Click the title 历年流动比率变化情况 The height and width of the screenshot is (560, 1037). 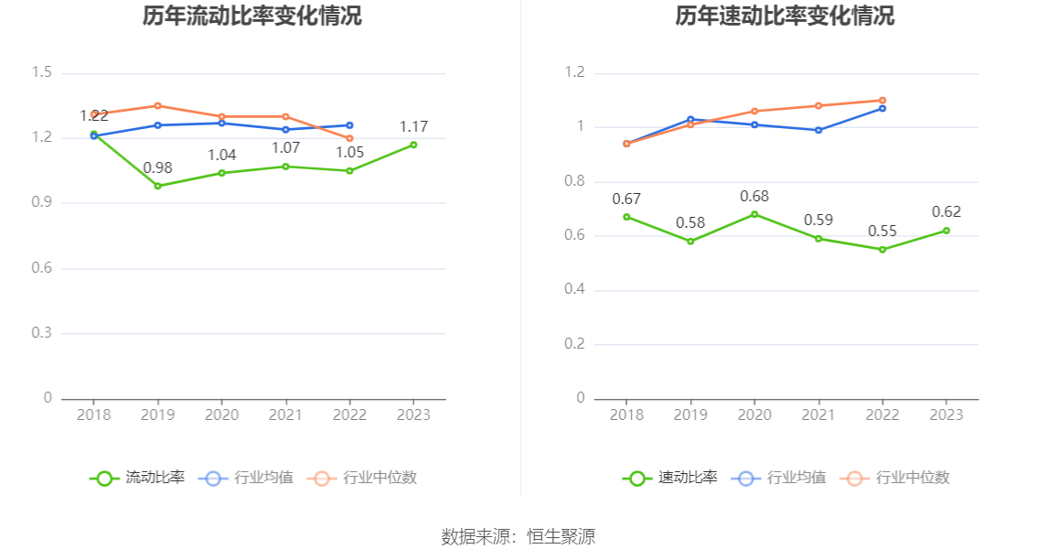(x=251, y=16)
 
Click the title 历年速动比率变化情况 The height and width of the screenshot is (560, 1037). (x=785, y=16)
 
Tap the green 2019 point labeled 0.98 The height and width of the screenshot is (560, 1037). (x=157, y=186)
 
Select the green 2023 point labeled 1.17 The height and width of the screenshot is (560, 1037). (x=413, y=145)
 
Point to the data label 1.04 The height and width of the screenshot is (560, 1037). (x=221, y=155)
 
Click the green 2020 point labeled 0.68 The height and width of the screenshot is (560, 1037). (x=754, y=214)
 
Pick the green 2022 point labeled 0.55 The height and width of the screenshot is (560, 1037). (x=882, y=249)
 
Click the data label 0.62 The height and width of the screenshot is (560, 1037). (x=946, y=212)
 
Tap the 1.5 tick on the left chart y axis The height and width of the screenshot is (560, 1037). (x=41, y=73)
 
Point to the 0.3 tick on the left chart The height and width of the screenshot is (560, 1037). (x=41, y=333)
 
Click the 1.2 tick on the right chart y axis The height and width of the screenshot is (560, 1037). (x=574, y=73)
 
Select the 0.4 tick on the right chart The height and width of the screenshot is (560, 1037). (x=574, y=290)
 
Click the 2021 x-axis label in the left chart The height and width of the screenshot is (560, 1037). (x=285, y=415)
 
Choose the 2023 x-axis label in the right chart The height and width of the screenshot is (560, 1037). (x=946, y=415)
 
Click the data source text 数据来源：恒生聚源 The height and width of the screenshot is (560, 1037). (x=518, y=537)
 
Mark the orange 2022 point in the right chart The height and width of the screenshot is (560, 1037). (x=882, y=101)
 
